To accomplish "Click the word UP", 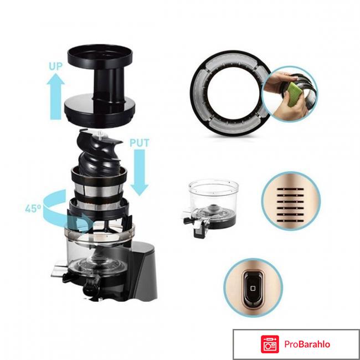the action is pos(55,66).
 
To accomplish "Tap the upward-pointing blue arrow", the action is pos(55,96).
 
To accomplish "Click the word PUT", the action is pos(140,143).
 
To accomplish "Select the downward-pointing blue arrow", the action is pos(140,172).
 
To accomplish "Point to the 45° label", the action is pos(33,209).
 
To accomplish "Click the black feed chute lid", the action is pos(100,85).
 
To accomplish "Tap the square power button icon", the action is pos(253,288).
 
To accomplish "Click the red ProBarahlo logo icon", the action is pos(270,344).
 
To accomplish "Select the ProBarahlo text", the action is pos(307,344).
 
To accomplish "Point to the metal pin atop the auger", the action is pos(100,135).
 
